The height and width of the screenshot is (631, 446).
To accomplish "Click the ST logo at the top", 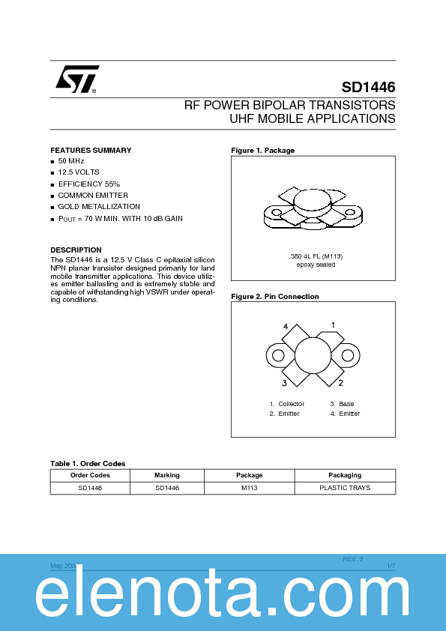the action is coord(76,79).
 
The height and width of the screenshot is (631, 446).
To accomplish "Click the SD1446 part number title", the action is coord(368,87).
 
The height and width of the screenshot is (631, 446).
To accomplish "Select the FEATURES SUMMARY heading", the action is coord(91,151).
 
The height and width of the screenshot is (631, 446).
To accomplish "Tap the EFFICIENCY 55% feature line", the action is coord(88,184).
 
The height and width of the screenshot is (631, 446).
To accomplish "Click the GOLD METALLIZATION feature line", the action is coord(98,206).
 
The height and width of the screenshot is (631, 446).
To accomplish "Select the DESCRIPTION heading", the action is coord(76,250).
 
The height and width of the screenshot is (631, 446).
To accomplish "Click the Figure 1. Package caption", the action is coord(262,151).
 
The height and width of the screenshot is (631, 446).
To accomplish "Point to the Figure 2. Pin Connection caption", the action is coord(274,297).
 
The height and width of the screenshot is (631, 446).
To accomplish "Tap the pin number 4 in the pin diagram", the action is coord(286,327).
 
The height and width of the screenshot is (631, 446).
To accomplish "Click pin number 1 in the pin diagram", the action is coord(333,325).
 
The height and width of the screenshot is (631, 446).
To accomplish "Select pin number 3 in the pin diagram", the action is coord(285,383).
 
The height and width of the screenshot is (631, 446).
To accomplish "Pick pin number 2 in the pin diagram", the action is coord(340,383).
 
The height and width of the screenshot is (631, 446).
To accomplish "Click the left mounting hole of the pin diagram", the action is coord(278,355).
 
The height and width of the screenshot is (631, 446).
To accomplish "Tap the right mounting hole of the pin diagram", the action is coord(348,355).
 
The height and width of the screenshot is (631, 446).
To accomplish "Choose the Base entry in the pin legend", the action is coord(346,404).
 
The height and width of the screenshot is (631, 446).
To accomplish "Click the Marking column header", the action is coord(167,475).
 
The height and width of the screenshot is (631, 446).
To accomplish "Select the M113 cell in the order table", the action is coord(250,487).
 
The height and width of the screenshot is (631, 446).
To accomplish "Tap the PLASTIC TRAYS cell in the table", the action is coord(345,487).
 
